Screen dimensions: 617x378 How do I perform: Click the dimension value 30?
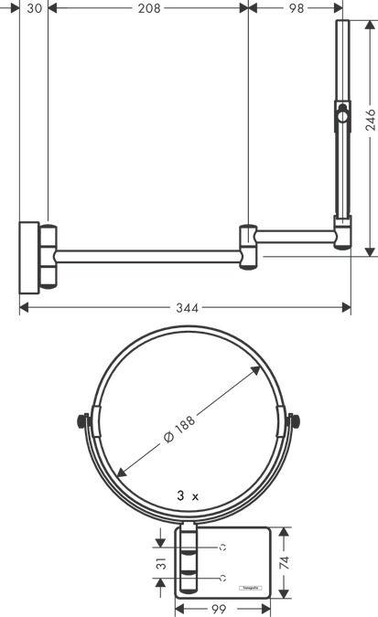pos(35,8)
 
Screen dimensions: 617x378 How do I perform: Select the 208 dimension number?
pos(150,8)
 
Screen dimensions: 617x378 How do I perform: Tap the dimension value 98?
pos(296,8)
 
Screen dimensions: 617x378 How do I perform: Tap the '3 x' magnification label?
pos(189,495)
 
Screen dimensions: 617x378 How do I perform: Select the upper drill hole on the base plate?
pos(222,547)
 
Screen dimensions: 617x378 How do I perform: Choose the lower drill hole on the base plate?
pos(222,579)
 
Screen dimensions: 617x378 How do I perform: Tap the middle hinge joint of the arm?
pos(248,247)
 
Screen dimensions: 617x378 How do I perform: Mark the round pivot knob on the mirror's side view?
pos(341,116)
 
